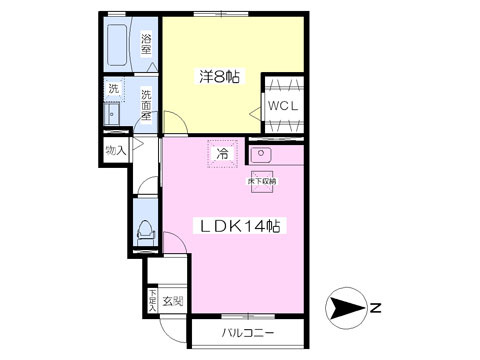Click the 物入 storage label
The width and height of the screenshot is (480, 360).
pyautogui.click(x=116, y=150)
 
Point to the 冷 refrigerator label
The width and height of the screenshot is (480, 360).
pyautogui.click(x=224, y=154)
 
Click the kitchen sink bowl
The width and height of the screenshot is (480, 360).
pyautogui.click(x=262, y=155)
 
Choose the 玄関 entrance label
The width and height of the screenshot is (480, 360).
pyautogui.click(x=172, y=300)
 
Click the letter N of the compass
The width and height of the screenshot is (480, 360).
pyautogui.click(x=373, y=308)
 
